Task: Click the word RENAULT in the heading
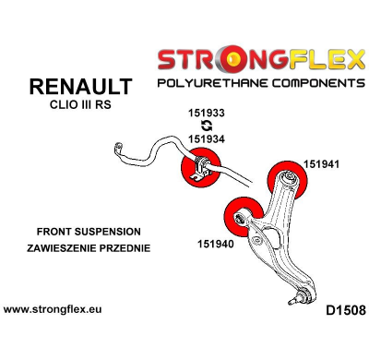(81, 88)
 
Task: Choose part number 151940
(218, 246)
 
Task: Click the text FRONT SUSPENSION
(89, 232)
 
